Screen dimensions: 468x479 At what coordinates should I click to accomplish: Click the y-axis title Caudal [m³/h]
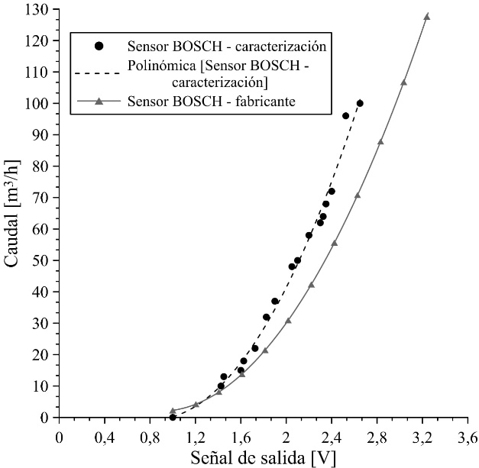pos(13,213)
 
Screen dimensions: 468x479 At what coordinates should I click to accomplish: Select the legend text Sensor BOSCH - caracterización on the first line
pos(227,47)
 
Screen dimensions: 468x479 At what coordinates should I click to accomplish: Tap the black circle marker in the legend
pos(99,47)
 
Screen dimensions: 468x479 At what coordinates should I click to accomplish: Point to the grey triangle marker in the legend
pos(99,100)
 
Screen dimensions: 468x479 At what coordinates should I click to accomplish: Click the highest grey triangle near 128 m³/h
pos(427,16)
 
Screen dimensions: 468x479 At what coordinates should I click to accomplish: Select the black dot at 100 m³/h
pos(360,103)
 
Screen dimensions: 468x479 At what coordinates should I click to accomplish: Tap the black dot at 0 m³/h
pos(173,417)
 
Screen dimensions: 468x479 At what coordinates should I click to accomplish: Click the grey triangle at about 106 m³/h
pos(403,82)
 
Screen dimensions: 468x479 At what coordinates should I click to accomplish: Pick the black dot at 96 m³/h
pos(345,116)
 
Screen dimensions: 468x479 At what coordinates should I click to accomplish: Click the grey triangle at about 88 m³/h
pos(380,141)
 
